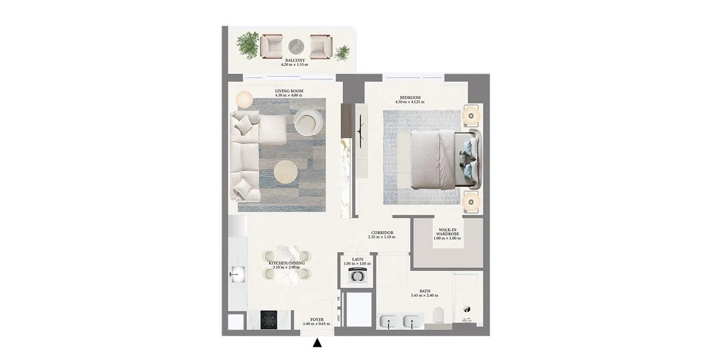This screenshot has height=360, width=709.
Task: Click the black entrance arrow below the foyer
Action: click(317, 343)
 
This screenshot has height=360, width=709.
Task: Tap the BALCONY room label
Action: click(294, 60)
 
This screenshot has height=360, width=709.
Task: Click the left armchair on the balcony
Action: click(271, 46)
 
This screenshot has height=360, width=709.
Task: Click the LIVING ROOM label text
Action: click(289, 91)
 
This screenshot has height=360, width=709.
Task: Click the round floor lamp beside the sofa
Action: click(244, 100)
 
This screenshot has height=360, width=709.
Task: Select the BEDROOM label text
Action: click(409, 97)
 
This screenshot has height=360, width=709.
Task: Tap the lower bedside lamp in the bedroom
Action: click(471, 200)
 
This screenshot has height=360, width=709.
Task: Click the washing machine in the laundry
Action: click(357, 276)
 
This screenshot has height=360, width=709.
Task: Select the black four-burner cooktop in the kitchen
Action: click(270, 320)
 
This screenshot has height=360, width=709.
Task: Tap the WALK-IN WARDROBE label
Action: click(447, 233)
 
